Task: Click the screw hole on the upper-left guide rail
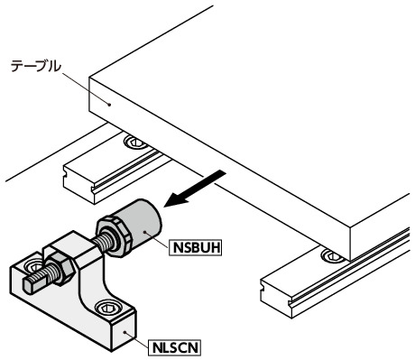(x=135, y=142)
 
